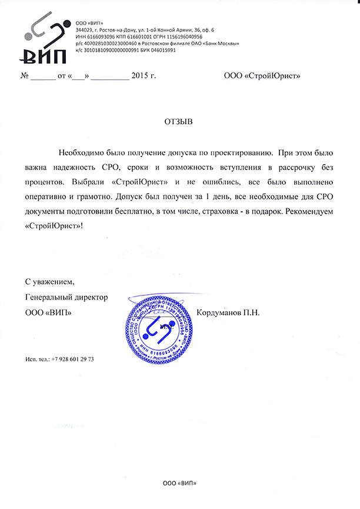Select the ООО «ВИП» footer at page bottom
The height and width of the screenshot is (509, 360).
[x=179, y=484]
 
